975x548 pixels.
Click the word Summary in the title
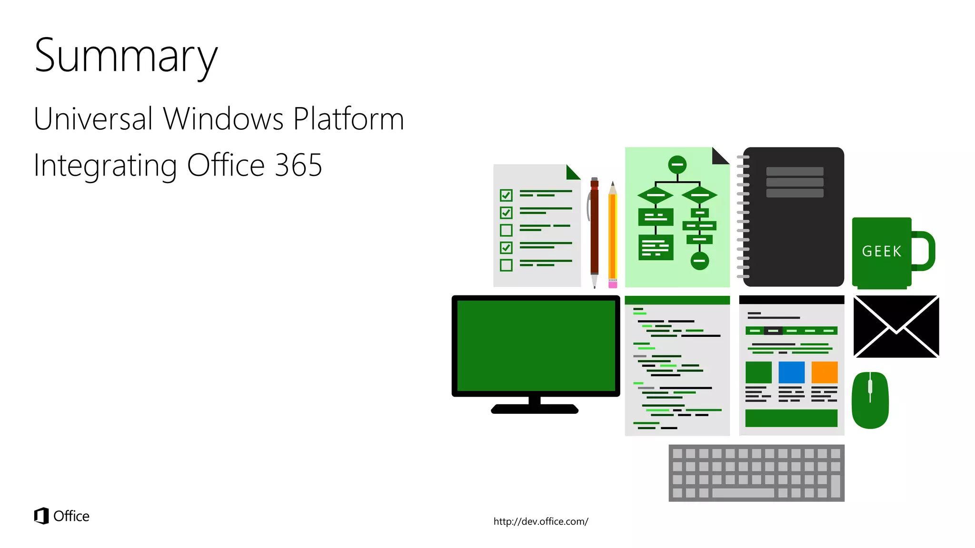tap(126, 56)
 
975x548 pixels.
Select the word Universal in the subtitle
tap(93, 118)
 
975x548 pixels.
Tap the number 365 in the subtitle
tap(298, 165)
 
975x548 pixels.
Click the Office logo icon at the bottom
tap(41, 516)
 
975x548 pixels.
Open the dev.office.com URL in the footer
tap(541, 521)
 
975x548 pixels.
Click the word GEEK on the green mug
tap(882, 251)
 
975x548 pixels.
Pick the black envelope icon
tap(896, 326)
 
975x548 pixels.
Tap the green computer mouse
tap(870, 400)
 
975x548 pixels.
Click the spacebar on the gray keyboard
tap(743, 493)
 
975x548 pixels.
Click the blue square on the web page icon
tap(791, 372)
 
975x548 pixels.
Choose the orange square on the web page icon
tap(824, 372)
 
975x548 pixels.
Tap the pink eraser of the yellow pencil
tap(613, 284)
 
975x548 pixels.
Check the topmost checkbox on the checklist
tap(506, 195)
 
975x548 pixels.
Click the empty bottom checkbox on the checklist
tap(506, 265)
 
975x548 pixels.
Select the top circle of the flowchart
tap(677, 165)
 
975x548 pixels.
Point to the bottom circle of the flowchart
tap(699, 261)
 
